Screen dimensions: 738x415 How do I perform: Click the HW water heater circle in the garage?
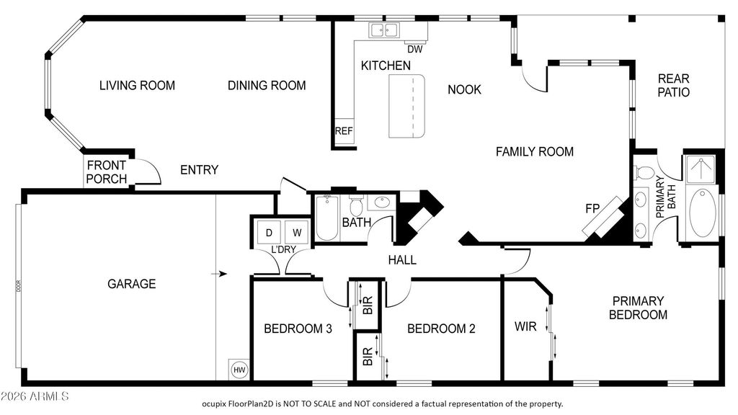[239, 370]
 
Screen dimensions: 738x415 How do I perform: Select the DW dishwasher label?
[414, 49]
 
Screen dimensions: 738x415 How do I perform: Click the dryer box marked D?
[269, 233]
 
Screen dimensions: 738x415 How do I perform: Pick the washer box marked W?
[297, 233]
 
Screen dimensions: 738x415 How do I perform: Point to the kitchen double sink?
[383, 30]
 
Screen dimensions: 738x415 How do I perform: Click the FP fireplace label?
[592, 208]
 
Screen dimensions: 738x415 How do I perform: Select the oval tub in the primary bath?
[703, 213]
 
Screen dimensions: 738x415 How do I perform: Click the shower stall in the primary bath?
[701, 169]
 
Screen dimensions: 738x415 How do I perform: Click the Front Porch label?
[107, 172]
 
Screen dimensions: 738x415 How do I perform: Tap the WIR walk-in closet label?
[525, 326]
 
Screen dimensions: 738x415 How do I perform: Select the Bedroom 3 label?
[298, 329]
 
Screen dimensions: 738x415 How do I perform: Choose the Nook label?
[465, 89]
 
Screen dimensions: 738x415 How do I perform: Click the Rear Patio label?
[674, 85]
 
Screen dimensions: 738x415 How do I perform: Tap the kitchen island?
[406, 107]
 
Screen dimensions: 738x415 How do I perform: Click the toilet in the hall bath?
[355, 205]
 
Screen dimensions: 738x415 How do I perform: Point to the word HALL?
[402, 259]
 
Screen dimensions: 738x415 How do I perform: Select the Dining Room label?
[267, 85]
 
